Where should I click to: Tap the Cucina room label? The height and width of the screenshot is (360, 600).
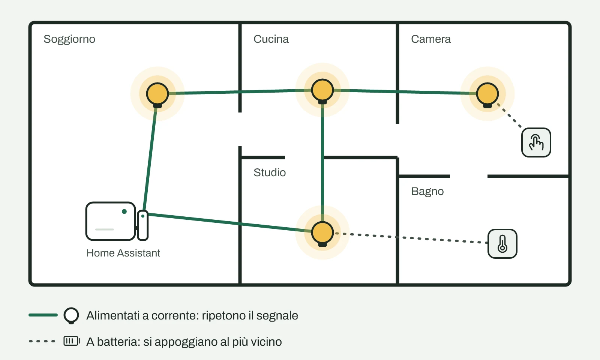coord(271,39)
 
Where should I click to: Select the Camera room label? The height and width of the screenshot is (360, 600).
coord(431,39)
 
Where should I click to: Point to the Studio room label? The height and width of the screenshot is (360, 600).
coord(270,172)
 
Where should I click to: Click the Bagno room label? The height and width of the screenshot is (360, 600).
coord(427,192)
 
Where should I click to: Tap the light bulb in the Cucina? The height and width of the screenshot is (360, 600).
coord(322,91)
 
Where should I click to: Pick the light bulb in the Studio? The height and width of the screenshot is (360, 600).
coord(322,234)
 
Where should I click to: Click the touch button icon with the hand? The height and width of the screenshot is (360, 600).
coord(536,142)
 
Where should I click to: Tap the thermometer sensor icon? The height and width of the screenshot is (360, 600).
coord(502,244)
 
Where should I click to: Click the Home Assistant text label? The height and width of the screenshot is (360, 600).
coord(123,253)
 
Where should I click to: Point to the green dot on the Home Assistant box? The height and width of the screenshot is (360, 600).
coord(124,211)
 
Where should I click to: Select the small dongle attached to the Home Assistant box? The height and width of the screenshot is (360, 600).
coord(143,225)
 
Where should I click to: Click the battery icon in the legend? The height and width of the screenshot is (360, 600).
coord(72,341)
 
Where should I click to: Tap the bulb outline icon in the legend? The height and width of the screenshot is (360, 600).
coord(71,315)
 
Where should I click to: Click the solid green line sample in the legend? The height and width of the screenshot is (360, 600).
coord(43,315)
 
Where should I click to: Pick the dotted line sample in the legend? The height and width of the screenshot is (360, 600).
coord(42,341)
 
